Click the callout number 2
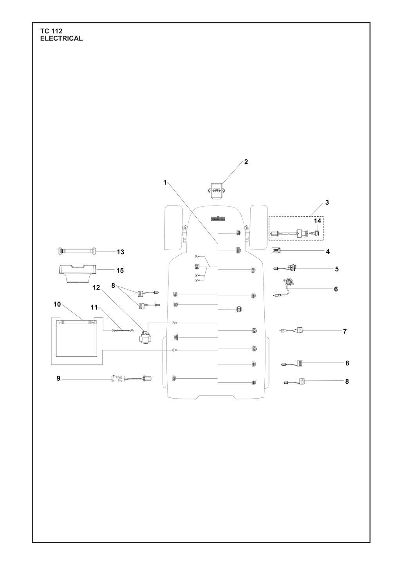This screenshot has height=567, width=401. coord(246,162)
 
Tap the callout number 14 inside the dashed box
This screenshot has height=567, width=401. coord(317,221)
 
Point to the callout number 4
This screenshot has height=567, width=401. coord(328,252)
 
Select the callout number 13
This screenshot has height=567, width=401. coord(120,252)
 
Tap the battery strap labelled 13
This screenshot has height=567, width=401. coord(77,251)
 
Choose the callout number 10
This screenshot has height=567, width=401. coord(57,304)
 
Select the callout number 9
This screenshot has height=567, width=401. coord(58,378)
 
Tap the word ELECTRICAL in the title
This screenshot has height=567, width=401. coord(61,38)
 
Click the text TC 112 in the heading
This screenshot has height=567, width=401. coord(51,31)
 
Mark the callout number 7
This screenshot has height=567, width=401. coord(345,331)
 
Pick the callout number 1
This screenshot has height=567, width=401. coord(165,182)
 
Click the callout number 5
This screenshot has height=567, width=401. coord(337,269)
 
